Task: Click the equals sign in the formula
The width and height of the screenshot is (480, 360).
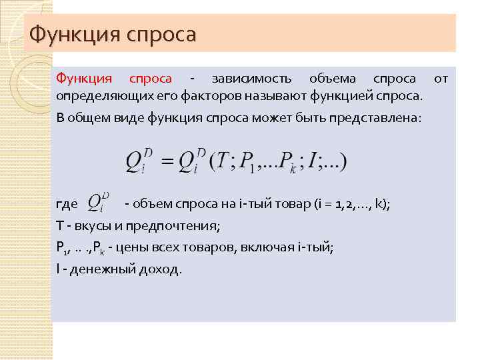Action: coord(167,161)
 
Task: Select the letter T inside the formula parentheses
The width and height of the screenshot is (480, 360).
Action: coord(223,161)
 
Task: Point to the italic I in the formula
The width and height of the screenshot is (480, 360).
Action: coord(310,161)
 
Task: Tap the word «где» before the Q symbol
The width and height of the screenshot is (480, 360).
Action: coord(67,204)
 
